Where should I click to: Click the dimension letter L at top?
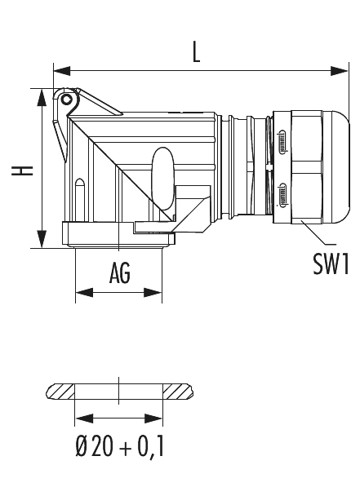coord(197,52)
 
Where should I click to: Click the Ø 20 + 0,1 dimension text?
coord(119,447)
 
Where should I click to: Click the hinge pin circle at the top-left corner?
coord(66,99)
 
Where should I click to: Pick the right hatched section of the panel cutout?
coord(177,392)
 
